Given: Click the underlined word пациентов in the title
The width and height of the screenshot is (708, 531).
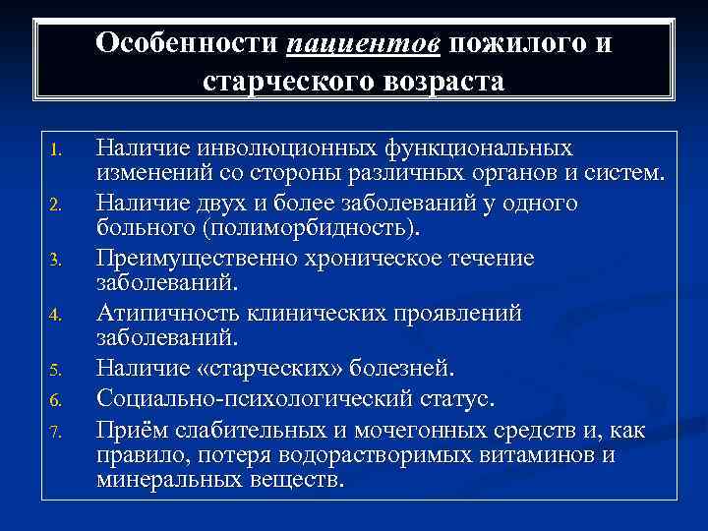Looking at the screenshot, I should (366, 44).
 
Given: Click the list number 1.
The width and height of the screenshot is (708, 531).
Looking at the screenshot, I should (56, 151).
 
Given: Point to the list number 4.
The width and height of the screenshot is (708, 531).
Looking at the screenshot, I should (56, 317).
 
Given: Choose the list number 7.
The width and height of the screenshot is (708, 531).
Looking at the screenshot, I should (56, 428).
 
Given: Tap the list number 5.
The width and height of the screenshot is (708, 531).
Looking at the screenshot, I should (56, 372).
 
